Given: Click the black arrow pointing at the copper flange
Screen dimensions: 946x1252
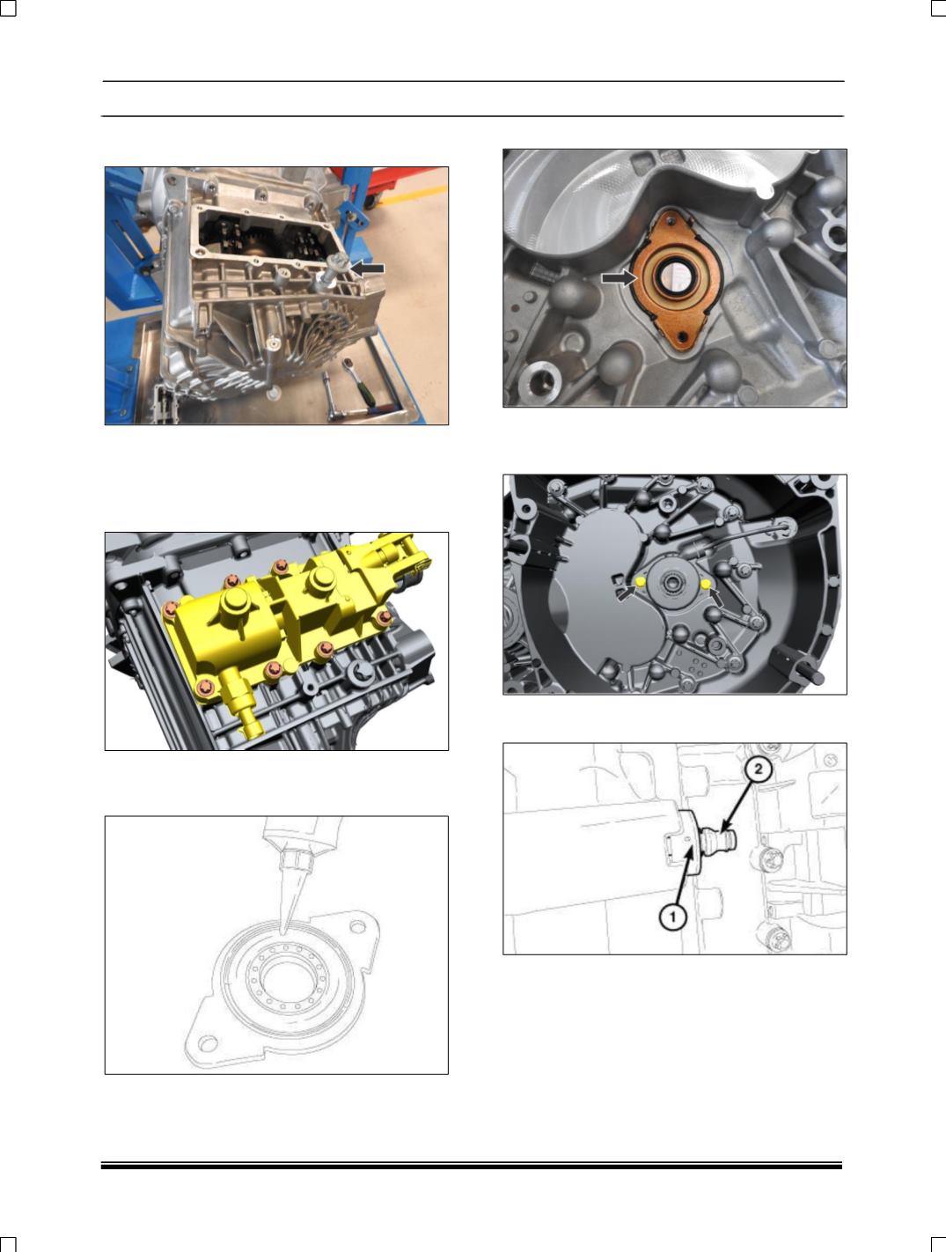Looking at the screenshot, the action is click(619, 278).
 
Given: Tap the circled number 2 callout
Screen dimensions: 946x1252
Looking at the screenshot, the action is click(758, 770).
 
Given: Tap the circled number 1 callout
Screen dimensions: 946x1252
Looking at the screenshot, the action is click(672, 917).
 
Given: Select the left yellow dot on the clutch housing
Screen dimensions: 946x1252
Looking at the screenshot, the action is click(640, 582).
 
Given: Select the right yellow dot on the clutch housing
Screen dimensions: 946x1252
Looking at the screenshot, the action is click(706, 584).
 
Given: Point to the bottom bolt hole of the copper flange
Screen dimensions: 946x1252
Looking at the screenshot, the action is click(682, 336).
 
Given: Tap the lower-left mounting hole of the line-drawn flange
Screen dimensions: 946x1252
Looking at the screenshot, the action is click(208, 1044).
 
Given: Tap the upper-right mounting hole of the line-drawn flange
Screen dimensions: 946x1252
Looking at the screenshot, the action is click(357, 927).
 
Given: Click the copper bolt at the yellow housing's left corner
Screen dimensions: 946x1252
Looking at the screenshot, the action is click(170, 610).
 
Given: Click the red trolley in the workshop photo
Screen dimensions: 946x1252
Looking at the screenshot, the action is click(393, 182).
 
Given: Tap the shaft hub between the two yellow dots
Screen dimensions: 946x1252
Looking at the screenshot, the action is click(672, 583).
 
